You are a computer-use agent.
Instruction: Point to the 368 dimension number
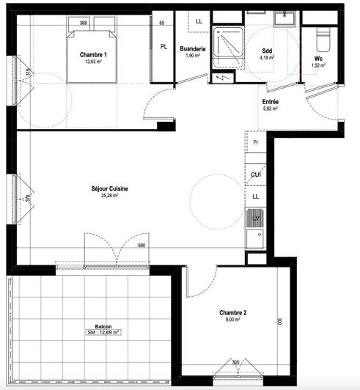coord(84,23)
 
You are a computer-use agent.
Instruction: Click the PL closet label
coord(164,47)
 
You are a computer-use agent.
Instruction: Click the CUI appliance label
coord(256,174)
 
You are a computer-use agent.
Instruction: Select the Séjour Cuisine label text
coord(109,188)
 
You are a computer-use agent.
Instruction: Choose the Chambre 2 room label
coord(232,312)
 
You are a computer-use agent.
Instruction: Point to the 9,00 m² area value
coord(232,320)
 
